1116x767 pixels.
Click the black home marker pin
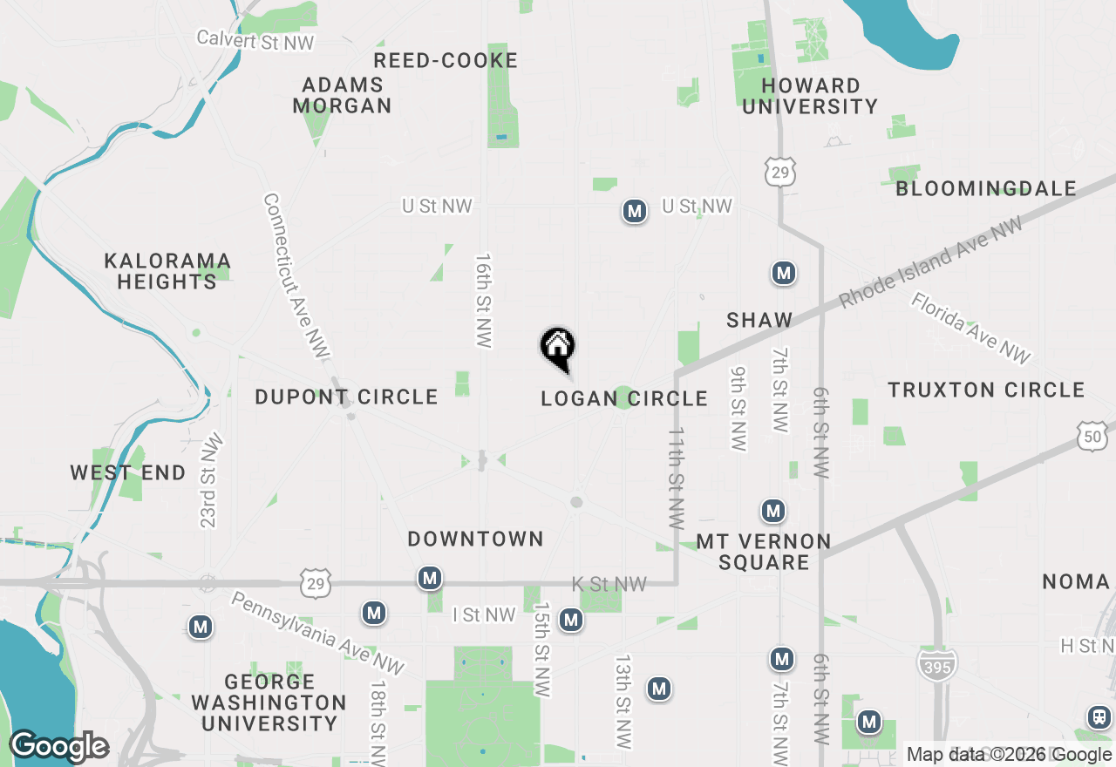[558, 348]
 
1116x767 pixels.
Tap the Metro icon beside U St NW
[635, 211]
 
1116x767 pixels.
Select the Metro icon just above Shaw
[784, 274]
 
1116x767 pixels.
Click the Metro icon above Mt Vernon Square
[772, 510]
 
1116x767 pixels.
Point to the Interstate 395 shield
[936, 664]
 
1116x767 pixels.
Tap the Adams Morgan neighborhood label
[342, 96]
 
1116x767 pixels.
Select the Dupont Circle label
[346, 397]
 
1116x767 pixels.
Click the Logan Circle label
[624, 399]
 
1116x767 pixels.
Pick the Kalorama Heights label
[167, 272]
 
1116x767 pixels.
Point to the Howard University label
[810, 96]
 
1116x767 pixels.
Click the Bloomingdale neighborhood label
[986, 188]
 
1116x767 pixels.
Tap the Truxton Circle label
[986, 390]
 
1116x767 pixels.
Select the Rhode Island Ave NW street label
[931, 263]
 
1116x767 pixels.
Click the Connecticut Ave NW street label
[296, 276]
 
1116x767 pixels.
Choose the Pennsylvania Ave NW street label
[318, 633]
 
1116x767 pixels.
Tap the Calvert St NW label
[255, 40]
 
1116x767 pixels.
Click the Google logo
[58, 747]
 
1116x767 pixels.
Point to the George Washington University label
[269, 703]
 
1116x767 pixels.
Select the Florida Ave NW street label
[971, 329]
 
